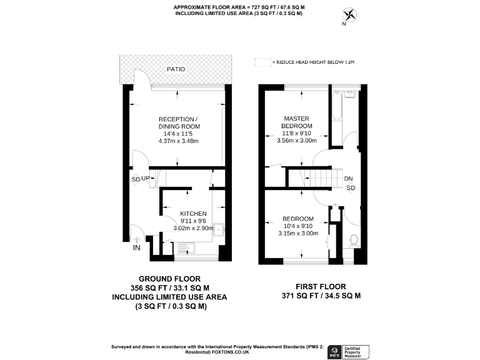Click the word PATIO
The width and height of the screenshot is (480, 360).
[176, 69]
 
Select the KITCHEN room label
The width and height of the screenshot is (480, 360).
[194, 213]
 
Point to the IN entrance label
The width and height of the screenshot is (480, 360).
[136, 248]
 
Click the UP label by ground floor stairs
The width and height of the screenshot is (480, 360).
[146, 179]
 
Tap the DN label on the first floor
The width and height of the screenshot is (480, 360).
[348, 179]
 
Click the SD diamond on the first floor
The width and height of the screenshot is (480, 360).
[351, 188]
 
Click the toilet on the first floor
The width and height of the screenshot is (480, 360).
[353, 240]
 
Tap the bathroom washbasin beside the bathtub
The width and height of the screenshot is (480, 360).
[350, 96]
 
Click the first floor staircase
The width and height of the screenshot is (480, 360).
[312, 178]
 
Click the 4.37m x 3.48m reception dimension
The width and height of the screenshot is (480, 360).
[178, 141]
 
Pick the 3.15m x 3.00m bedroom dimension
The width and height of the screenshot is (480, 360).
[297, 233]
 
